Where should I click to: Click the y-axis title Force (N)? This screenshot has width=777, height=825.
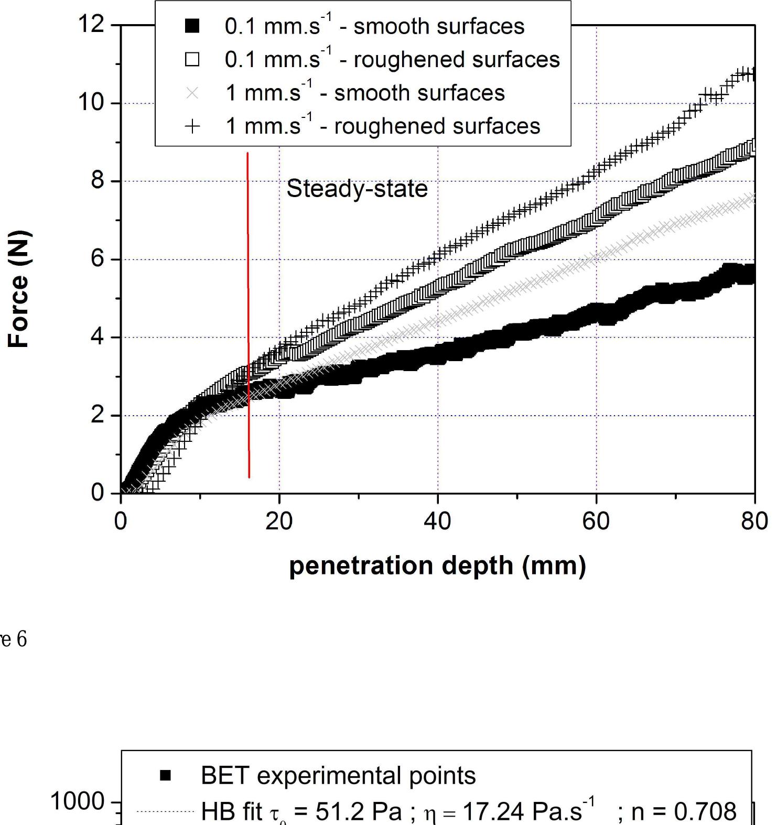[x=18, y=289]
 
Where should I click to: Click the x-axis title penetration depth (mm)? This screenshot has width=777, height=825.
[x=437, y=566]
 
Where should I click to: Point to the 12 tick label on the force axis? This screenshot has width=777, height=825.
[x=91, y=24]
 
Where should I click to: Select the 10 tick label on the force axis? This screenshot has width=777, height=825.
[x=91, y=102]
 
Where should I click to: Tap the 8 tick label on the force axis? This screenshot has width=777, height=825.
[x=98, y=181]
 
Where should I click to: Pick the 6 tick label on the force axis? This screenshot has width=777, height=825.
[x=98, y=259]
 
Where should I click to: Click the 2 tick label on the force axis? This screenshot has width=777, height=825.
[x=98, y=415]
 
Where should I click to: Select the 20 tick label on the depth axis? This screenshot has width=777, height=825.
[x=279, y=522]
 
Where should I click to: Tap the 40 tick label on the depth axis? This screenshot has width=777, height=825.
[x=437, y=522]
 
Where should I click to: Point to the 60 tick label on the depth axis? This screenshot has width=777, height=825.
[x=596, y=522]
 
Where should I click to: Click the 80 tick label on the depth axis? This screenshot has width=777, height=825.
[x=754, y=522]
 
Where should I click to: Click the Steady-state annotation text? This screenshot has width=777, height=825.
[x=357, y=189]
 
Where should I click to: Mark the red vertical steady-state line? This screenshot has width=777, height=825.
[x=248, y=314]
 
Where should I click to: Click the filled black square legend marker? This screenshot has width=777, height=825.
[x=192, y=26]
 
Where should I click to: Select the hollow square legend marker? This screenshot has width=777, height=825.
[x=192, y=59]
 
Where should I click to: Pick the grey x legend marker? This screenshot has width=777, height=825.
[x=192, y=93]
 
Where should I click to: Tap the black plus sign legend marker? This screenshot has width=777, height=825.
[x=192, y=126]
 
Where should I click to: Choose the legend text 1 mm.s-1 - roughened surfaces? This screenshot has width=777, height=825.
[x=383, y=126]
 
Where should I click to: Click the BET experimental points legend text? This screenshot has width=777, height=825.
[x=338, y=776]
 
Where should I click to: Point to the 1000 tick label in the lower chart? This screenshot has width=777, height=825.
[x=78, y=802]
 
